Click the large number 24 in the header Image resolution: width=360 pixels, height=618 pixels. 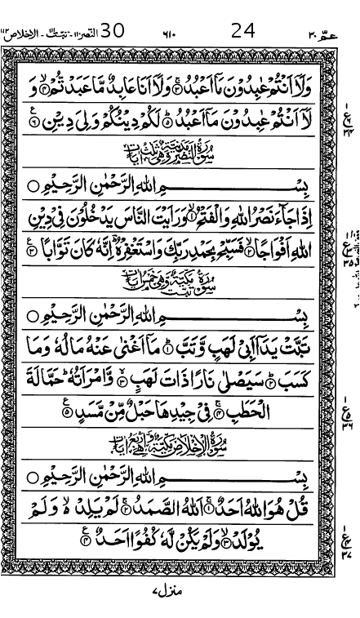[243, 32]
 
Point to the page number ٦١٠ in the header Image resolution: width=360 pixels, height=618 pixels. [169, 35]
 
